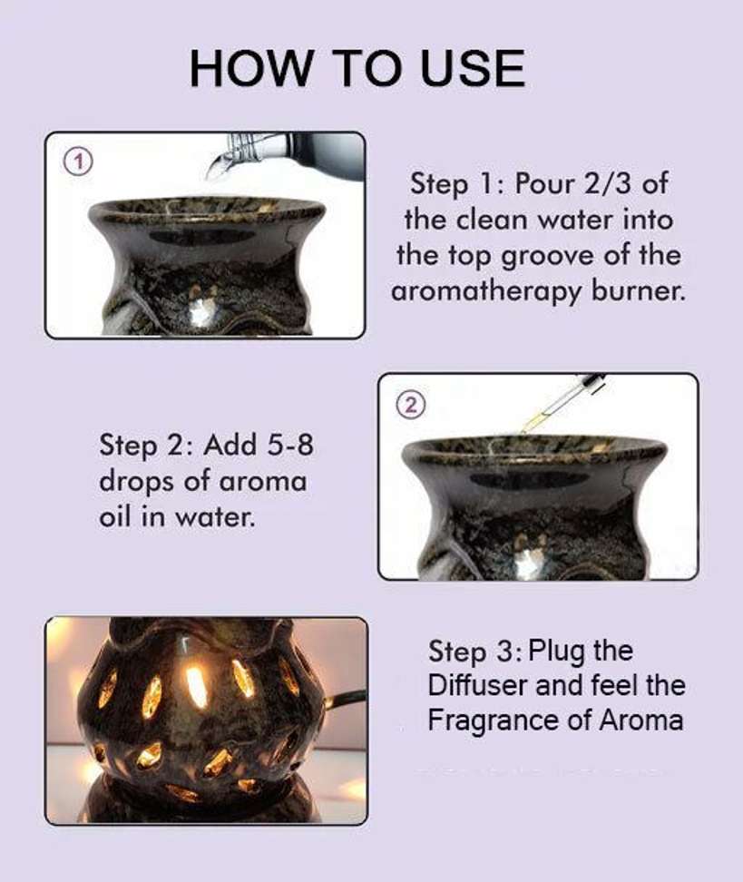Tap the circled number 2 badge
click(x=411, y=405)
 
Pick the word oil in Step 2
click(x=114, y=517)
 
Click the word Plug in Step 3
click(x=552, y=652)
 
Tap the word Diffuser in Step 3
click(x=477, y=686)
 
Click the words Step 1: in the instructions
click(x=455, y=184)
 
